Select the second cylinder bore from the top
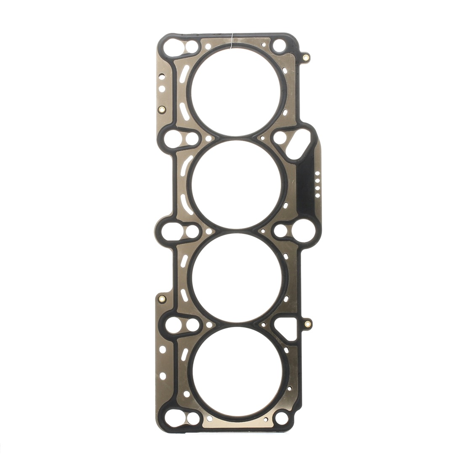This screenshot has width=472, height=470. click(x=236, y=184)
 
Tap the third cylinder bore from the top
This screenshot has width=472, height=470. click(x=236, y=277)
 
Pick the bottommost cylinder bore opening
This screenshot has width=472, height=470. click(x=236, y=371)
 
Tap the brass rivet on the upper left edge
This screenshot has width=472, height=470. click(x=162, y=110)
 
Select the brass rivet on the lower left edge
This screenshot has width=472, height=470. click(x=162, y=299)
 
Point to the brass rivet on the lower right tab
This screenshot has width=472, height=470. click(x=308, y=324)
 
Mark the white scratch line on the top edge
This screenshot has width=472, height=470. click(x=232, y=39)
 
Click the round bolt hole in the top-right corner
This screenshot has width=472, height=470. click(x=279, y=45)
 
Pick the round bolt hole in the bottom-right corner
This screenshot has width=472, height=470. click(x=281, y=418)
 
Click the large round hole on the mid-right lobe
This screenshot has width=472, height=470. click(x=300, y=230)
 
